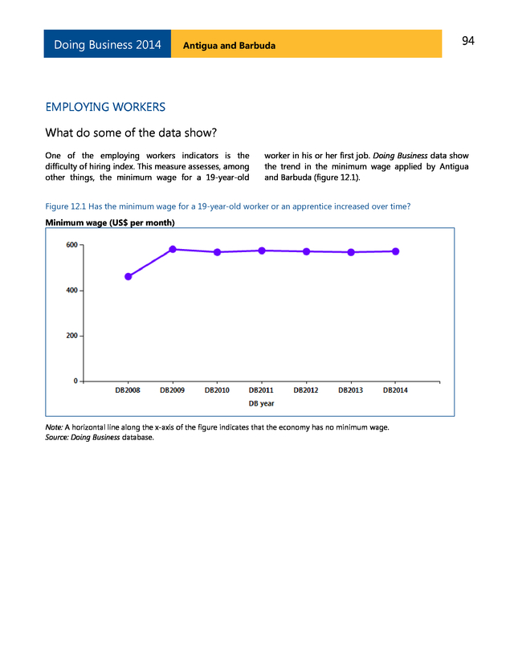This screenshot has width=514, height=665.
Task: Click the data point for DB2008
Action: pos(128,276)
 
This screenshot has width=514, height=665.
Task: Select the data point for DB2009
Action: pos(173,249)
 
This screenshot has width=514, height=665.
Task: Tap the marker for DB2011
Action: pos(262,251)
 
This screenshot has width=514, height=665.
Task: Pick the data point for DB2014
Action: pos(395,251)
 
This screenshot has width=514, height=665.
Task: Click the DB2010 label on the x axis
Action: pos(217,390)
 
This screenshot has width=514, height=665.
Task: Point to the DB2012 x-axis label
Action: pos(306,390)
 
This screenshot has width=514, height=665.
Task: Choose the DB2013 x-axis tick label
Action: pos(350,390)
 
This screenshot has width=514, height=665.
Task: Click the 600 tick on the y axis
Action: pos(71,245)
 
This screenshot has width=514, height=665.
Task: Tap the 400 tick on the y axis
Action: pos(71,290)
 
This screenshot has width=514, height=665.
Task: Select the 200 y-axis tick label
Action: pos(71,336)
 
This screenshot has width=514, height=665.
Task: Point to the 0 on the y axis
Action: pos(75,381)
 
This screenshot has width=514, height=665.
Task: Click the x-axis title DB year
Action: pos(261,403)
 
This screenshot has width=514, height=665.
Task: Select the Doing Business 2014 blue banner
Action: pos(107,45)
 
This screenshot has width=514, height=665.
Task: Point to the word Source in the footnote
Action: pos(59,438)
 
